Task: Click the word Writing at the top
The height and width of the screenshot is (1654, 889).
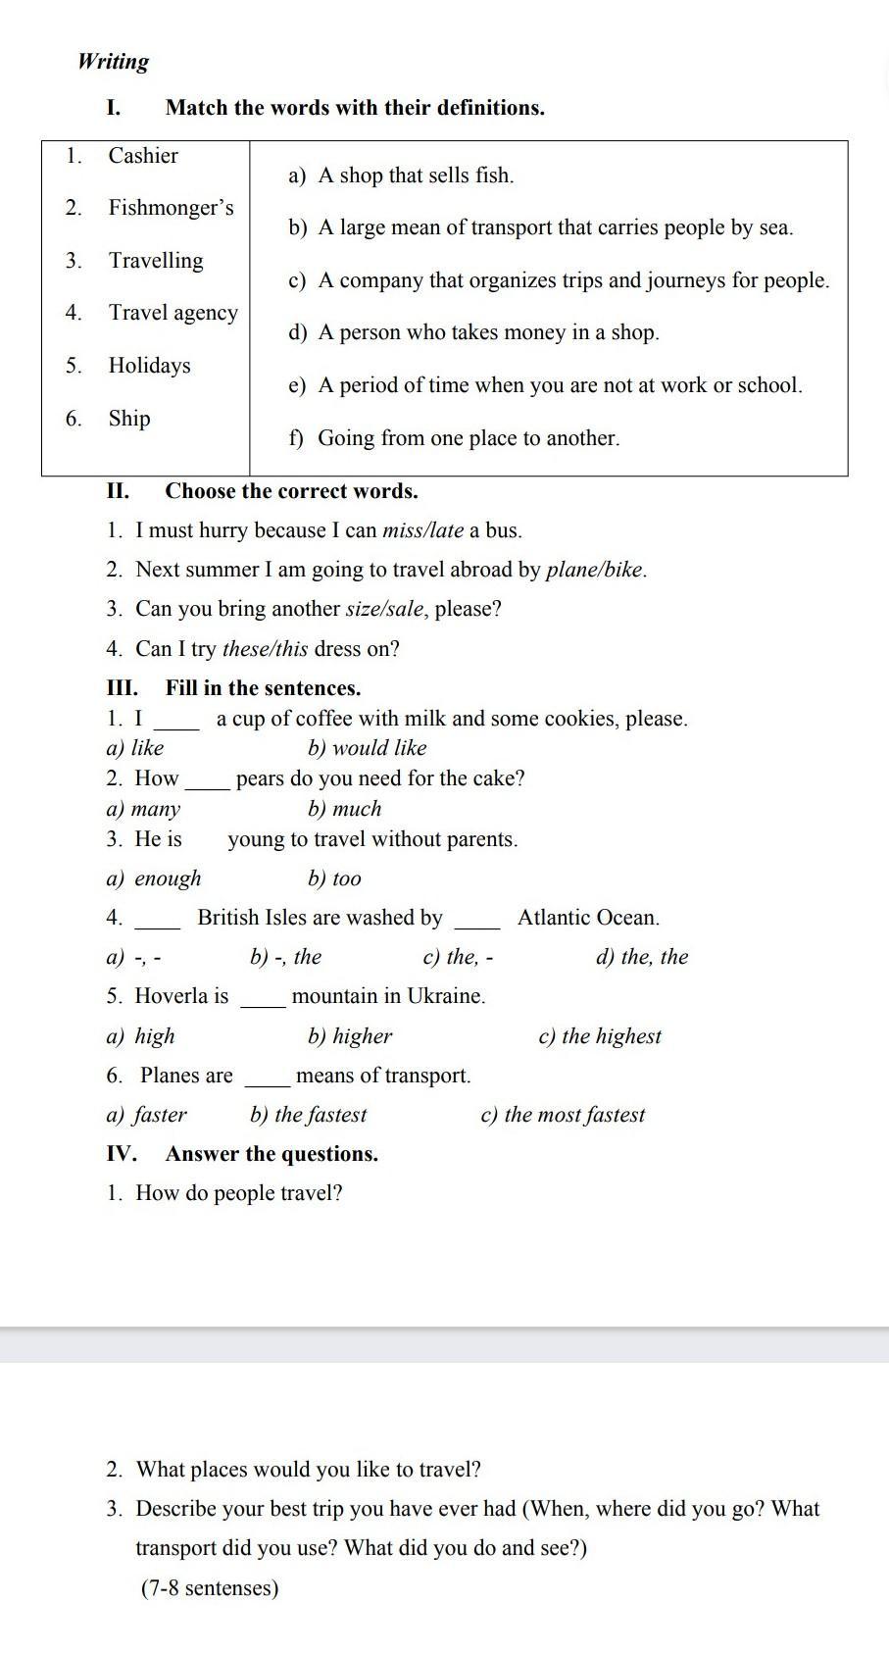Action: [114, 62]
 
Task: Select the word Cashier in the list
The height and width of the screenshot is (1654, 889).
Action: [143, 156]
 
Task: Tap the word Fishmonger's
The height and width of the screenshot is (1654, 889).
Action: [171, 208]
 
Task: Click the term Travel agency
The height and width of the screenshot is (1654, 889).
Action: [173, 313]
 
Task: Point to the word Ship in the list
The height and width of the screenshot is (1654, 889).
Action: [129, 419]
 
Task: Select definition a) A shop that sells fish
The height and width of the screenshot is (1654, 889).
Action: [402, 175]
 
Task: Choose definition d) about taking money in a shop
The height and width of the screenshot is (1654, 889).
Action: [474, 332]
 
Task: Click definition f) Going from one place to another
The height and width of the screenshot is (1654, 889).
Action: [455, 438]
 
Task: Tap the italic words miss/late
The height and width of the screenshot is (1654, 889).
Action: [422, 530]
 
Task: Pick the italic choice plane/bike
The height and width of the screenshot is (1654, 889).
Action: [595, 570]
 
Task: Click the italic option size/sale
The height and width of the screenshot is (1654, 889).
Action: [385, 609]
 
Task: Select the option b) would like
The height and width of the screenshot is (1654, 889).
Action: [368, 748]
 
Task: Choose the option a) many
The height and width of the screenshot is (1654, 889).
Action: [143, 809]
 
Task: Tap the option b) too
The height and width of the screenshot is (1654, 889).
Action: [334, 878]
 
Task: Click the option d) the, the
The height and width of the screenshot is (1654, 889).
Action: [642, 957]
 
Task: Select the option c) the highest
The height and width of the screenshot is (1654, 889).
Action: [600, 1036]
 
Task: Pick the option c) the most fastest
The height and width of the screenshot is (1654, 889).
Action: [563, 1115]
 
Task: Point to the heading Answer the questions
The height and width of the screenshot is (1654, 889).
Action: [272, 1154]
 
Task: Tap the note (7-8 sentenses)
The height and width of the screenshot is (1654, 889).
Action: [210, 1588]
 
